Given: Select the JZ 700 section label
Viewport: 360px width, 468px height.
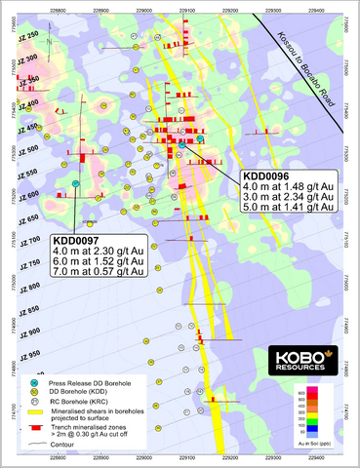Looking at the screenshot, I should tap(31, 241).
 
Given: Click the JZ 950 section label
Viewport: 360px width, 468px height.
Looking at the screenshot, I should tap(31, 354).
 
